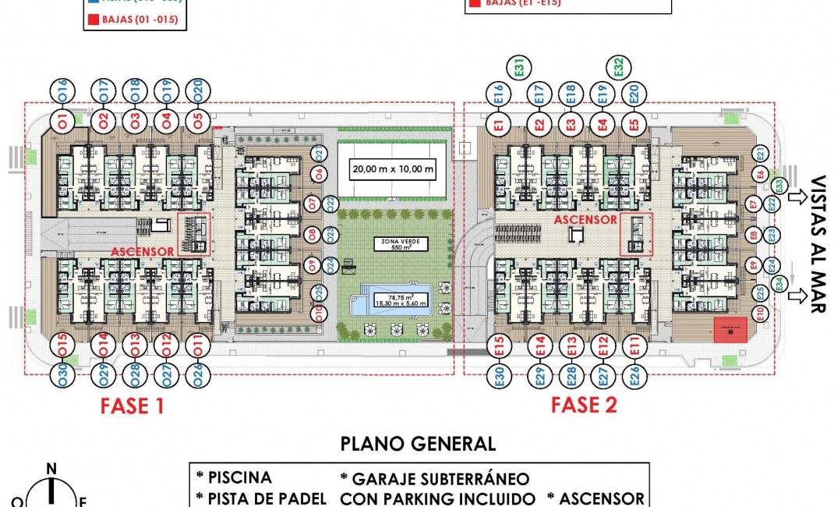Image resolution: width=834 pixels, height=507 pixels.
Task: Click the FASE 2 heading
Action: pos(584,405)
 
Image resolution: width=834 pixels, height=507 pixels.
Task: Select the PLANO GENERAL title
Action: pos(418,444)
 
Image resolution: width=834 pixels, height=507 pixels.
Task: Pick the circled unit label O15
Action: pos(62,344)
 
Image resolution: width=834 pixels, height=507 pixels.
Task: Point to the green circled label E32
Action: pos(617,68)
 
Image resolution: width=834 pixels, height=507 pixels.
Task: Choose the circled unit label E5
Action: pos(634,122)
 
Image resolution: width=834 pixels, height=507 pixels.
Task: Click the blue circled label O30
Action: pos(62,377)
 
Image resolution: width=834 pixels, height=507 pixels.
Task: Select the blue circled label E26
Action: pos(634,377)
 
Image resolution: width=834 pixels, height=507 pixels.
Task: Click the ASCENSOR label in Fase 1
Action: pos(143,253)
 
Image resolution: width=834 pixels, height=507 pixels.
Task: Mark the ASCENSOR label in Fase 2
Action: pos(586,220)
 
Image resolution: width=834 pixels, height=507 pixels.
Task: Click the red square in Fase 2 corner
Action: pos(730,330)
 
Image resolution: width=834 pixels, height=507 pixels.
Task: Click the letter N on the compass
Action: pos(51,469)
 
